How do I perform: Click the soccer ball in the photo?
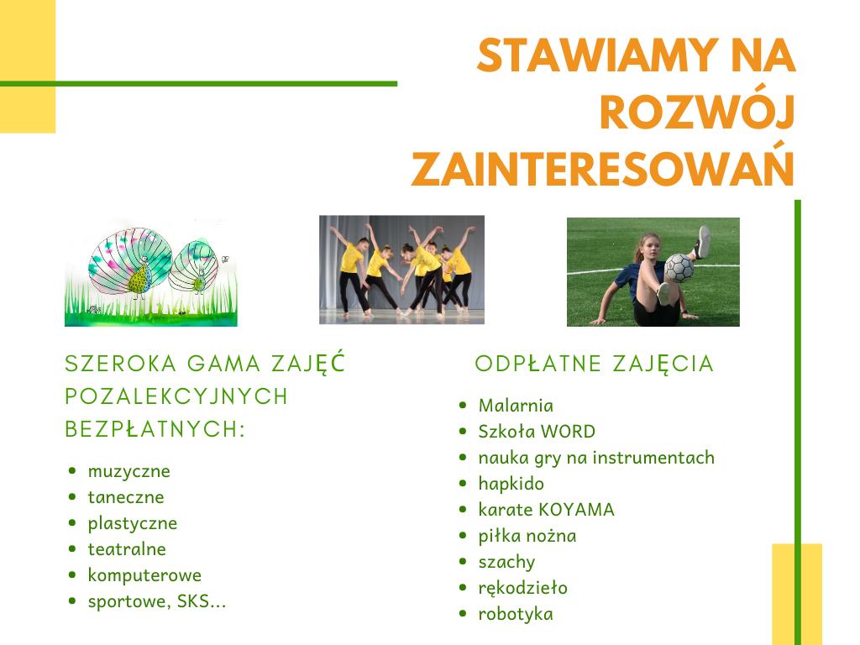click(679, 268)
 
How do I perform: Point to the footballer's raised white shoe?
click(703, 242)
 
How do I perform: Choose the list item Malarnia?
click(516, 406)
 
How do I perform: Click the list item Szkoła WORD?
click(537, 431)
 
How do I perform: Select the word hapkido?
click(511, 484)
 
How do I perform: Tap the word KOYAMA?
click(576, 510)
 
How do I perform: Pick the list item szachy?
click(506, 562)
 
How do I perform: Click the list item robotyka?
click(516, 614)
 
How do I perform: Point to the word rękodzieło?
click(522, 588)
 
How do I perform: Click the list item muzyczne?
click(128, 472)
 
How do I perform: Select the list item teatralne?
click(127, 549)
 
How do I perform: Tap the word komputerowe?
click(144, 575)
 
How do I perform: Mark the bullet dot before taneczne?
click(72, 497)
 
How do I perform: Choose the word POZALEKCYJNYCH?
click(176, 396)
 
